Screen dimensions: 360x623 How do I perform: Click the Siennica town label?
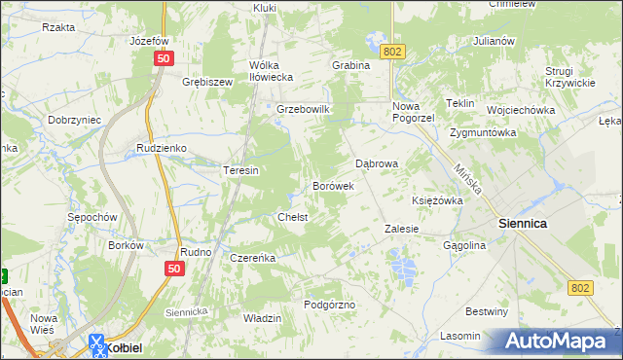pyautogui.click(x=522, y=223)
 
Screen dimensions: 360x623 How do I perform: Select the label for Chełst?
pyautogui.click(x=293, y=217)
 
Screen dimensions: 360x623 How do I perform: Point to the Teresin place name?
pyautogui.click(x=240, y=170)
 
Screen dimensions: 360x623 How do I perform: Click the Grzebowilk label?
pyautogui.click(x=305, y=109)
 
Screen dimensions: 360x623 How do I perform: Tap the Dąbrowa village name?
pyautogui.click(x=377, y=163)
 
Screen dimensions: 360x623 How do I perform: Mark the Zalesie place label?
pyautogui.click(x=401, y=229)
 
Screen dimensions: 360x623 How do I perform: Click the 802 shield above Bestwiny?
pyautogui.click(x=581, y=287)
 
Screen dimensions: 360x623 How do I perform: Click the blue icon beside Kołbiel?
pyautogui.click(x=96, y=342)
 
